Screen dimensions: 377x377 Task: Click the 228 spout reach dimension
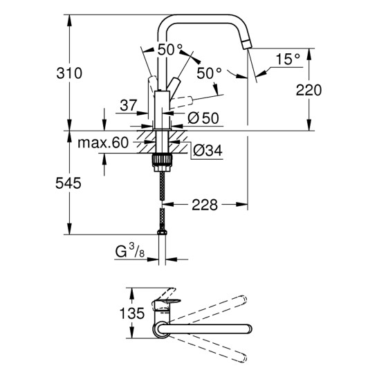[205, 205]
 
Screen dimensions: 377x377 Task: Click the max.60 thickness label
[104, 143]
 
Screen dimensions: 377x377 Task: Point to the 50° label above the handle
[169, 50]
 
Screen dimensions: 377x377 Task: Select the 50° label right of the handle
[209, 72]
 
